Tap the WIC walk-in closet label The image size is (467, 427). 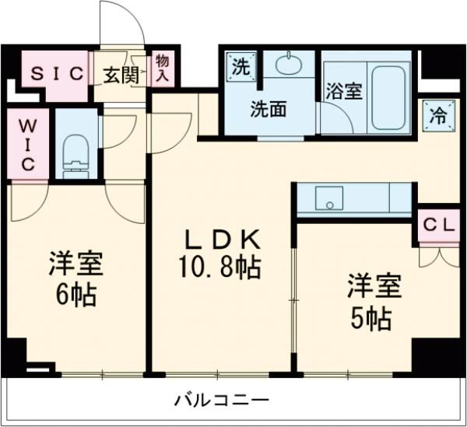[25, 144]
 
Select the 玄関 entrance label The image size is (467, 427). [122, 75]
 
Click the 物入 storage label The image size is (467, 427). [162, 68]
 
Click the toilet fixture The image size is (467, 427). [76, 152]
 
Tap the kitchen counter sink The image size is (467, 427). [329, 199]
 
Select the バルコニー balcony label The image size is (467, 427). [222, 401]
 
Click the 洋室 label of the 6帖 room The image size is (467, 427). [76, 264]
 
